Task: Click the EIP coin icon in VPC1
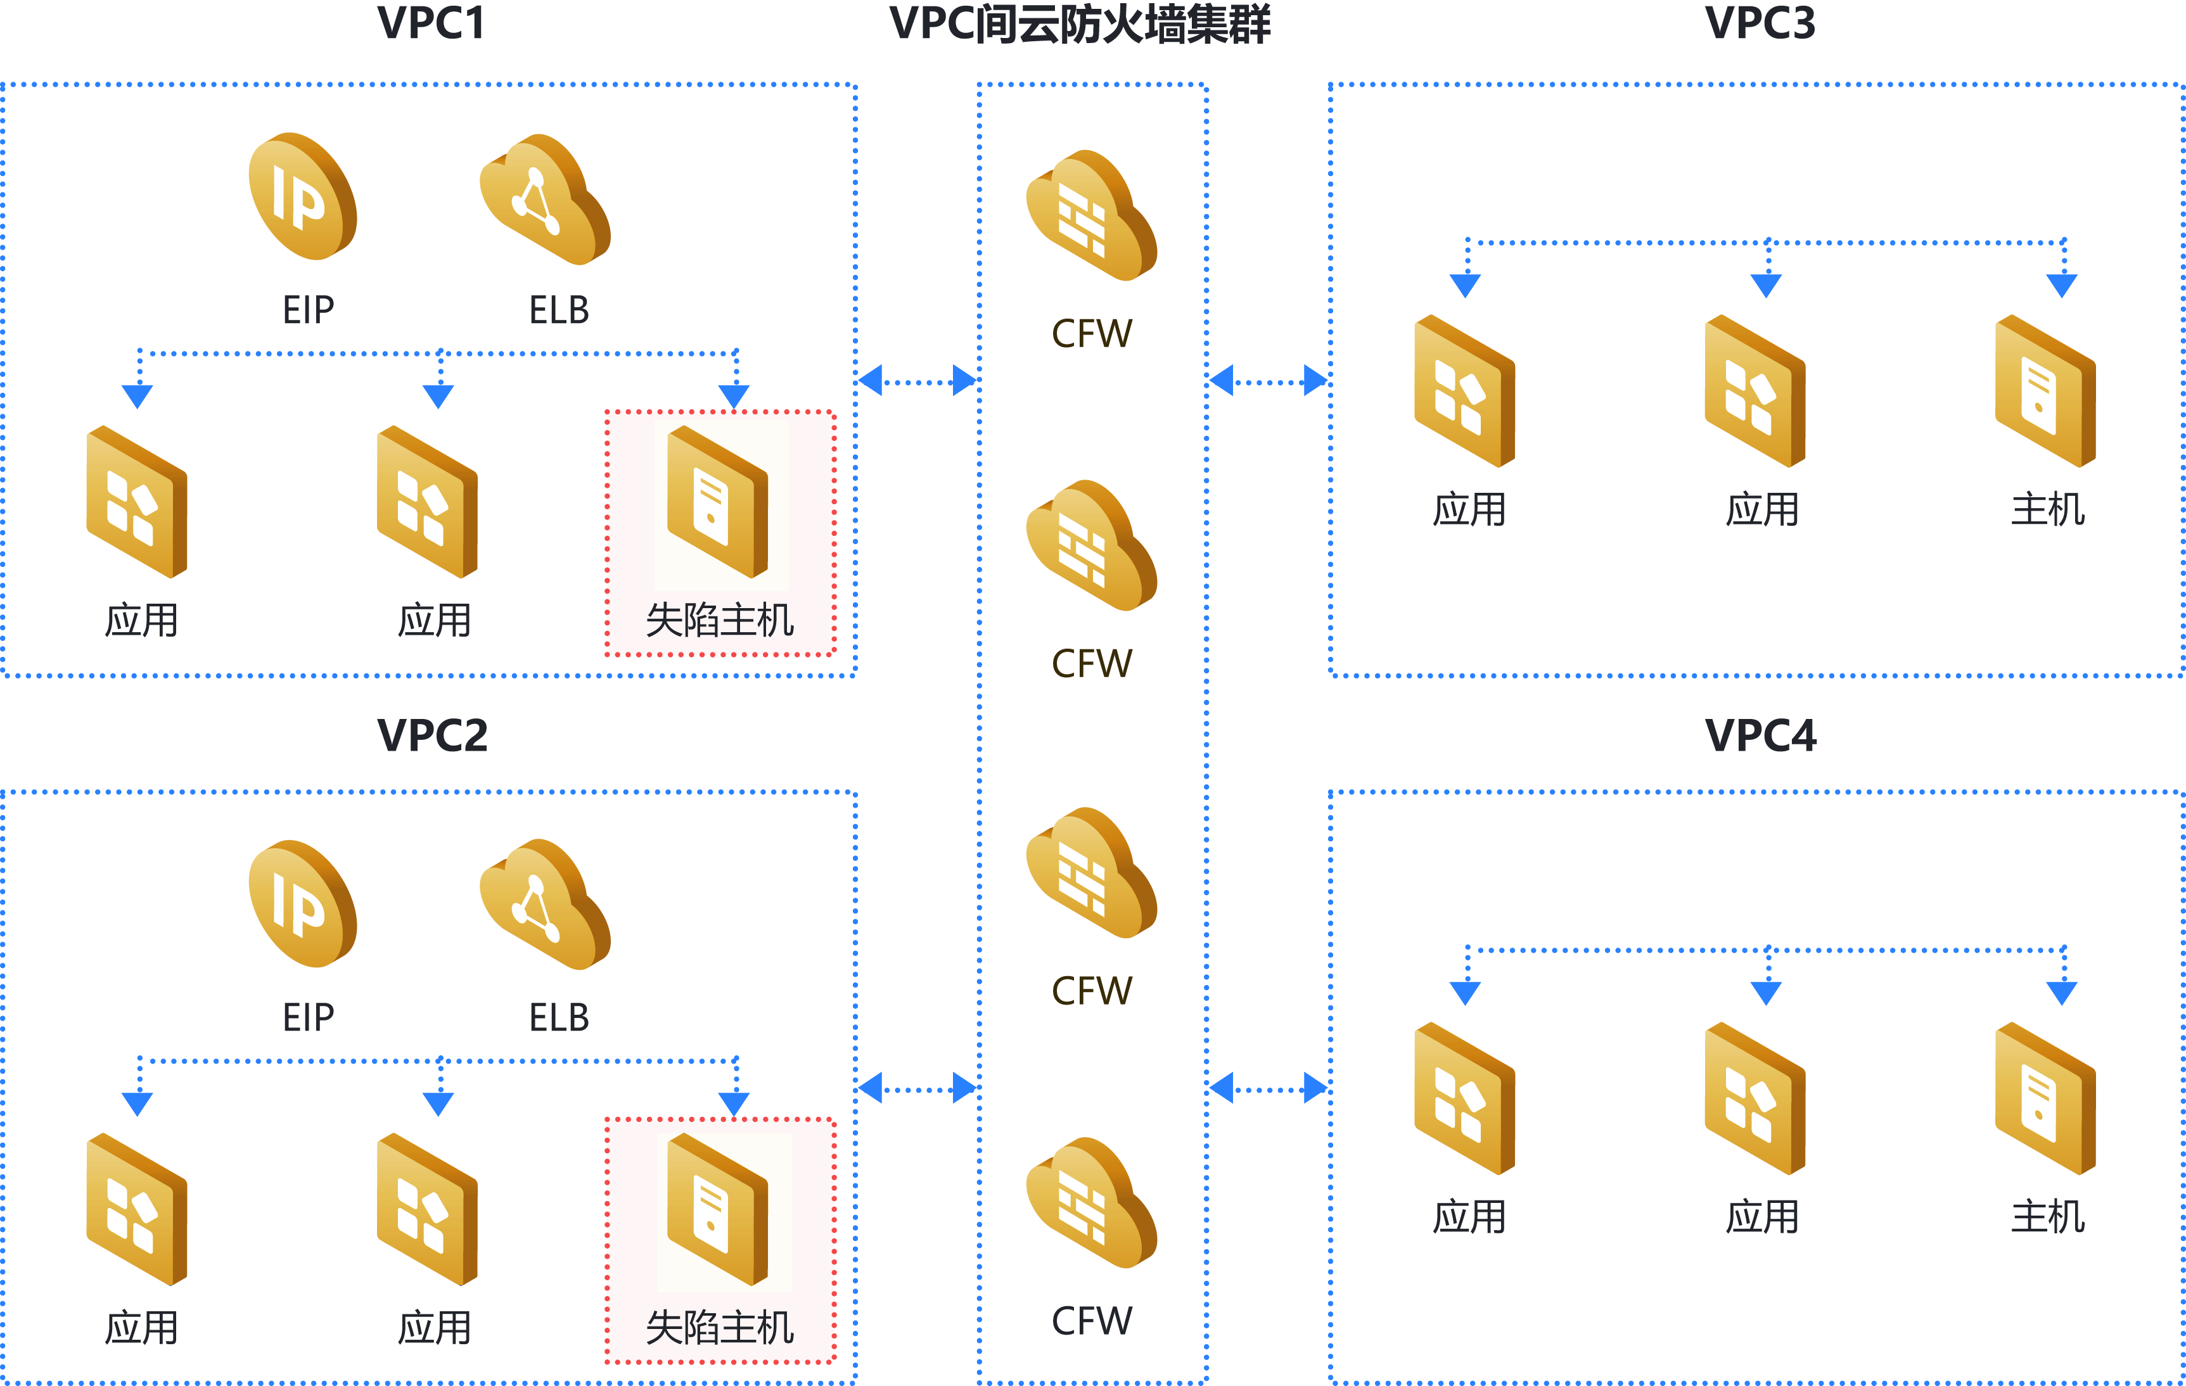(302, 197)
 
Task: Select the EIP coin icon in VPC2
(302, 904)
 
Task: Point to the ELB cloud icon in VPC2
(545, 905)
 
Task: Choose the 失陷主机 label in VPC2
(720, 1328)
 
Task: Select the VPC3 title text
(1760, 23)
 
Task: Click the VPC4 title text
(1760, 735)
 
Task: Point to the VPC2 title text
(432, 735)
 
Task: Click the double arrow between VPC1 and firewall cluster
(917, 381)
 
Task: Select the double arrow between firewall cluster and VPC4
(1269, 1088)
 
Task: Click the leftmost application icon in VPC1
(137, 502)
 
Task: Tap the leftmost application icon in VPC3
(1464, 391)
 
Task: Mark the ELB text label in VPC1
(559, 310)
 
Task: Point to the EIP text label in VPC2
(309, 1017)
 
